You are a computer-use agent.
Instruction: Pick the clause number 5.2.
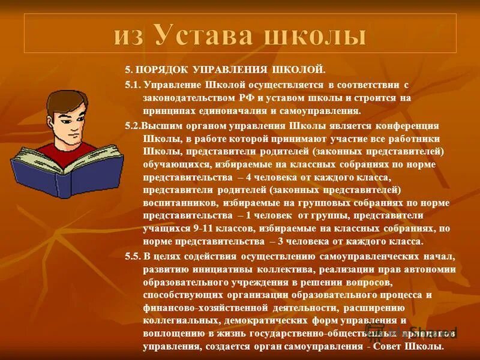point(133,125)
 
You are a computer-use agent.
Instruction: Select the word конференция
point(407,125)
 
